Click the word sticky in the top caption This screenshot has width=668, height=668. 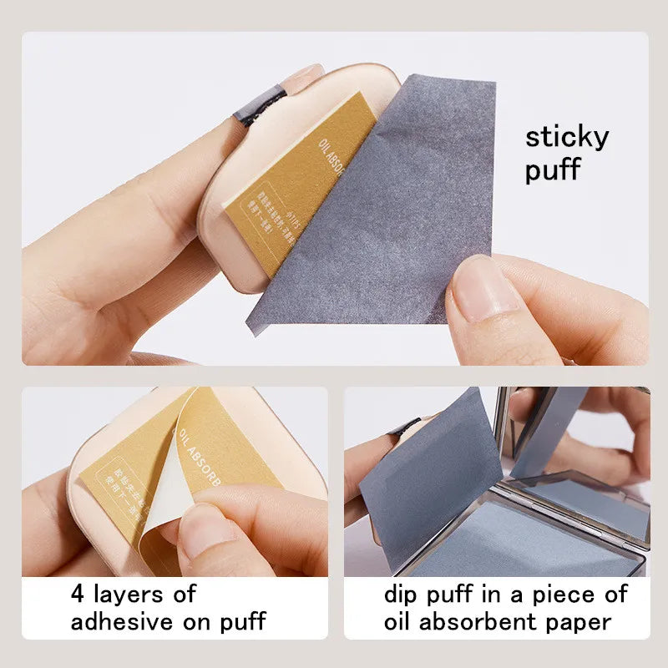[566, 138]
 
